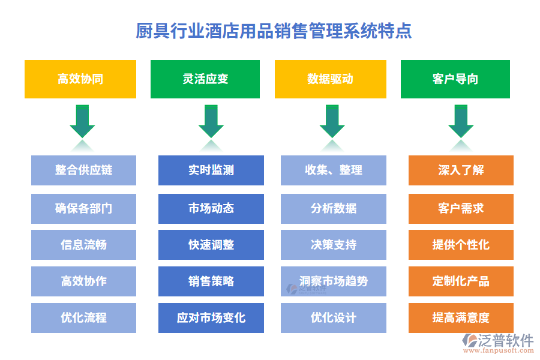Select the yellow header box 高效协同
[x=80, y=79]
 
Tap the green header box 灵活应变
[x=205, y=79]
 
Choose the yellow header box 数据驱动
[x=330, y=79]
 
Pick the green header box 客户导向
[x=455, y=79]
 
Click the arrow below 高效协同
[x=82, y=122]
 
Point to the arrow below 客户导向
[x=461, y=122]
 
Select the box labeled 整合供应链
[x=83, y=170]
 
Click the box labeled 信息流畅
[x=83, y=245]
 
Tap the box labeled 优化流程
[x=83, y=318]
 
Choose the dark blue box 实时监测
[x=211, y=170]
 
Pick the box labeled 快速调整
[x=211, y=245]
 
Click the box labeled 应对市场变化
[x=211, y=318]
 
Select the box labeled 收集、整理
[x=333, y=170]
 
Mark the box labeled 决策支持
[x=333, y=245]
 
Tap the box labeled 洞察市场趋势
[x=333, y=281]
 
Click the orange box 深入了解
[x=461, y=170]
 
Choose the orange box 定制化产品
[x=461, y=281]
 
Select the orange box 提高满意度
[x=461, y=318]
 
